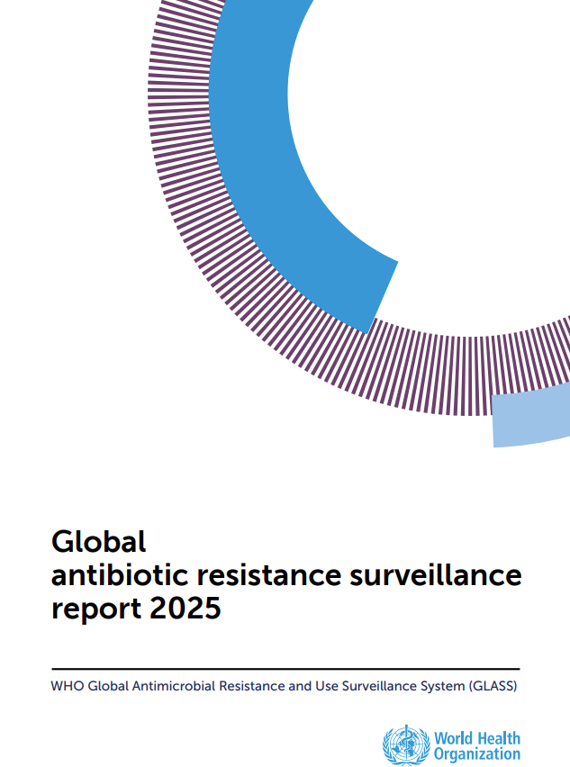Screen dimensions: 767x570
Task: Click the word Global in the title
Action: pos(98,542)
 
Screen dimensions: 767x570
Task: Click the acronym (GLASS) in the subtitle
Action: pos(494,686)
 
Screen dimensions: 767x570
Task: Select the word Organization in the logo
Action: pos(476,753)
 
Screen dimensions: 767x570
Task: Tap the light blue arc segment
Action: pos(531,416)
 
